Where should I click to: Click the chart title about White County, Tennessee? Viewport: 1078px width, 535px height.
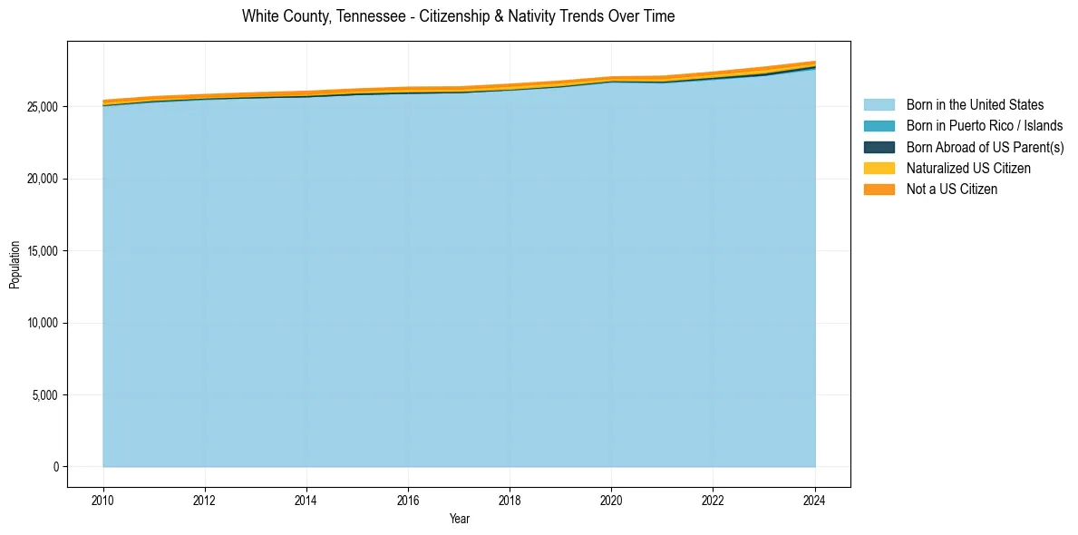click(458, 16)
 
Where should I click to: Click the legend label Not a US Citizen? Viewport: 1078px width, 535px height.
click(951, 189)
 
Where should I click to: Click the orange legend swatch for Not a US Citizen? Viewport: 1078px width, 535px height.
click(879, 189)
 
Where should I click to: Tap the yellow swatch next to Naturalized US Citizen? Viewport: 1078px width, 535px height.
click(879, 168)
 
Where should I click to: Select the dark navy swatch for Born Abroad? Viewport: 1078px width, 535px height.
click(879, 147)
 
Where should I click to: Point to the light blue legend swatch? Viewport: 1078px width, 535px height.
click(879, 105)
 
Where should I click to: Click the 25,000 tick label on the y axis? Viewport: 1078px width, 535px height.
click(42, 107)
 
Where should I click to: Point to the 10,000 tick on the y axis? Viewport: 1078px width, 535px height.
click(42, 323)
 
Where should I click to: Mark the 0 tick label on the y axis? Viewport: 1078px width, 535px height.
click(55, 467)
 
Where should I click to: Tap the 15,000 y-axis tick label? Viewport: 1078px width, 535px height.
click(42, 251)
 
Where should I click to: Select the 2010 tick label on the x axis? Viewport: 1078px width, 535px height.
click(103, 499)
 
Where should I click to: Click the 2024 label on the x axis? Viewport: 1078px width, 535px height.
click(815, 499)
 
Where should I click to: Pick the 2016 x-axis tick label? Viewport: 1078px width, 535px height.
click(408, 499)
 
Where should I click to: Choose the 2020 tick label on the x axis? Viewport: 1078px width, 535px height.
click(612, 499)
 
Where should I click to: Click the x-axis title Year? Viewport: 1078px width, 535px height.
click(459, 519)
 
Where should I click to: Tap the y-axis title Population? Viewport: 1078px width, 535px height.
click(15, 265)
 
